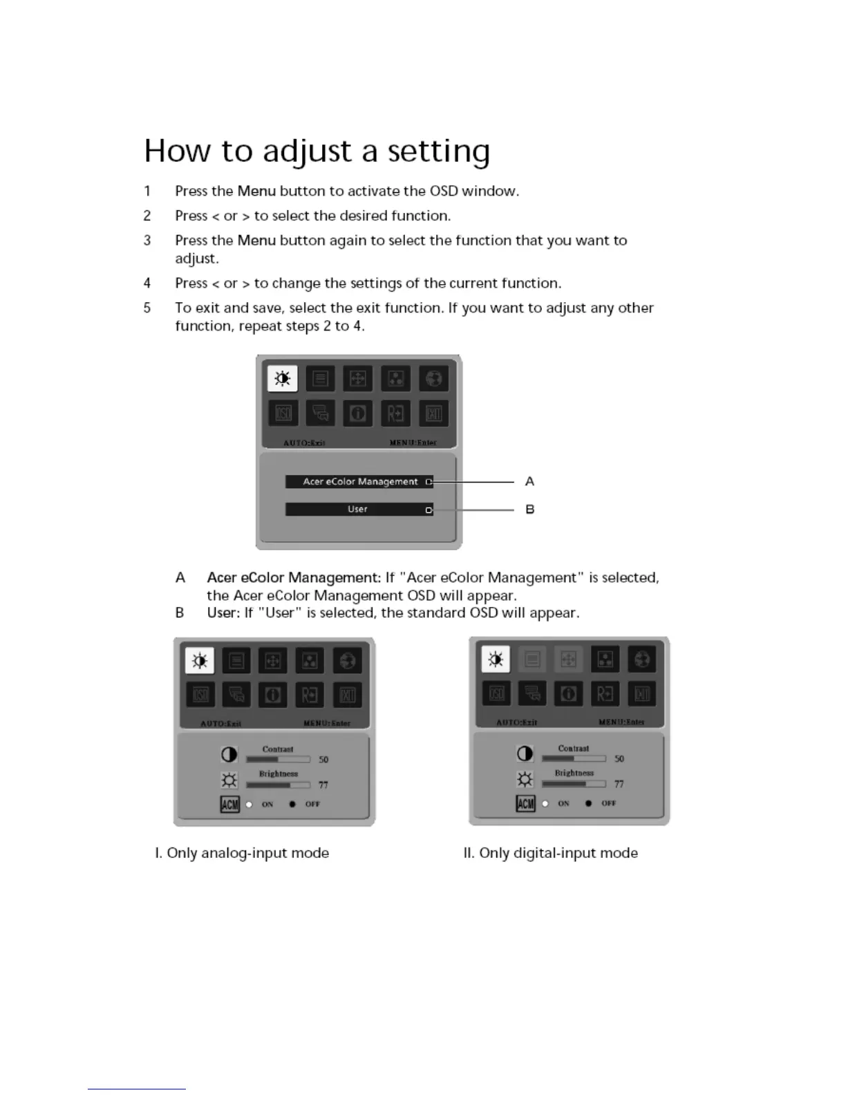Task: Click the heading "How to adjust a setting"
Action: coord(317,151)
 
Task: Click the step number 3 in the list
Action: coord(147,241)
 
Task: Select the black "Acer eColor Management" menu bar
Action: coord(359,482)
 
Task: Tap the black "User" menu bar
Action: coord(359,509)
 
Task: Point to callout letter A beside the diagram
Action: coord(529,481)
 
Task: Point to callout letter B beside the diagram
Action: coord(529,509)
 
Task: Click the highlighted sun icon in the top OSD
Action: coord(282,378)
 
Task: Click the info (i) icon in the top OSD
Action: coord(358,413)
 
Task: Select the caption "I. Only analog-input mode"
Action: coord(242,853)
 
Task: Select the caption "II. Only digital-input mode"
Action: coord(551,853)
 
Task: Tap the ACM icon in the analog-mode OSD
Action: coord(230,805)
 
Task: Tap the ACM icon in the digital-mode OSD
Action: coord(526,803)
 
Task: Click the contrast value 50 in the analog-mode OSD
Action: coord(323,760)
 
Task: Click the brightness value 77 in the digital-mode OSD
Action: coord(619,784)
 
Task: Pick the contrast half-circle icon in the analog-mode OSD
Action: coord(229,755)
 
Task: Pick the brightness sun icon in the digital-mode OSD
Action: coord(525,780)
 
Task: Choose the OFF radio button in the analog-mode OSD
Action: coord(293,805)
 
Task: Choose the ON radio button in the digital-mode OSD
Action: coord(545,803)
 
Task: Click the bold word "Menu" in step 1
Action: coord(256,191)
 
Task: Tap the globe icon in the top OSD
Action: coord(434,378)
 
